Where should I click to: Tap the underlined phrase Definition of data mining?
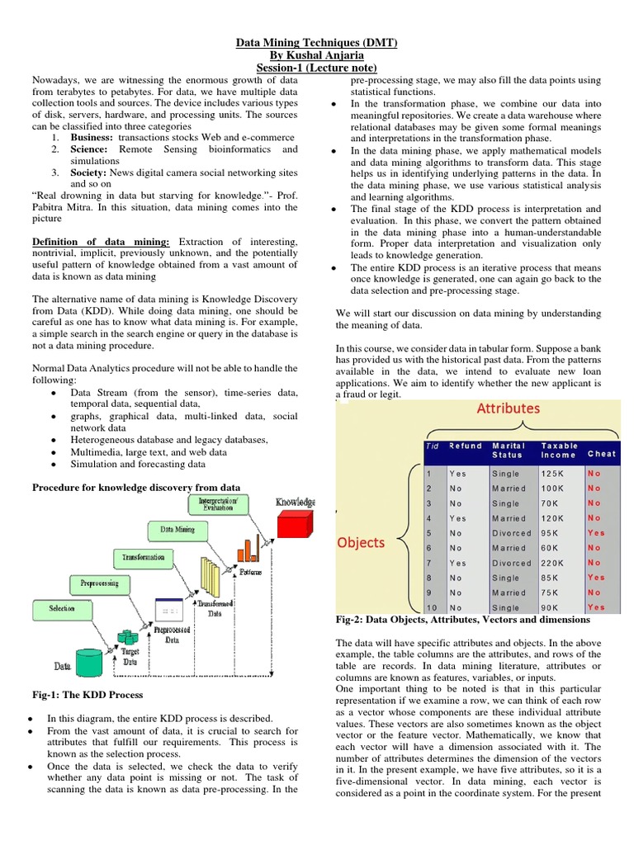(x=101, y=241)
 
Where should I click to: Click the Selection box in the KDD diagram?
(x=61, y=609)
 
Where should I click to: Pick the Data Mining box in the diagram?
(x=177, y=530)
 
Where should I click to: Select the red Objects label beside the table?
(x=360, y=542)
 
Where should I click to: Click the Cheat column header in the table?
(x=601, y=453)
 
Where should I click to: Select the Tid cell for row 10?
(x=432, y=608)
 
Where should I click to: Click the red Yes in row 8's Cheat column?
(x=595, y=578)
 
